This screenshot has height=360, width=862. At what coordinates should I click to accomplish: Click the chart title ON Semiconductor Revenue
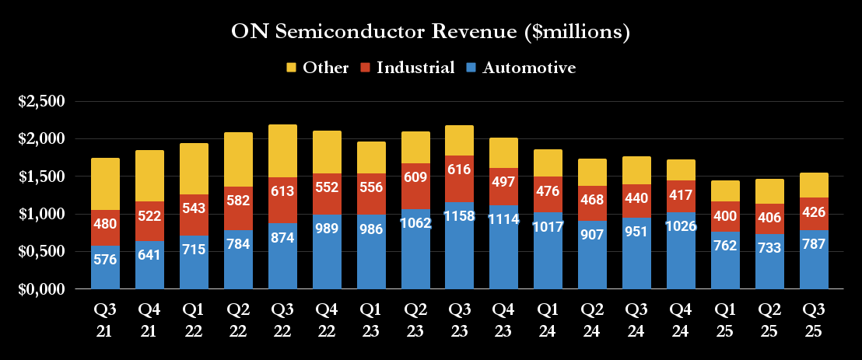point(430,33)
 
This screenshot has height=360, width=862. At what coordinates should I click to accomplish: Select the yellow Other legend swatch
point(292,68)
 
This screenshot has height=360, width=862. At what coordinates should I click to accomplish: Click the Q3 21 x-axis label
point(105,320)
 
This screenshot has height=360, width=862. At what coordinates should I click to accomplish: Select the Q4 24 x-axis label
point(682,320)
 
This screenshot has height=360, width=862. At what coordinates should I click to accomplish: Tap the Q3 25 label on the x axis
point(814,320)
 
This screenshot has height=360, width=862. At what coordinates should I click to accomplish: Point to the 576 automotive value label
point(105,259)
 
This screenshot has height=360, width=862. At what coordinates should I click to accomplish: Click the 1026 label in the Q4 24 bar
point(682,226)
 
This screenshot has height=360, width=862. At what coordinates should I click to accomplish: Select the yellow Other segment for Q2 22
point(238,159)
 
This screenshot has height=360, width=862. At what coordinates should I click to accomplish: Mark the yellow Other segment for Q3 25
point(814,185)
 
